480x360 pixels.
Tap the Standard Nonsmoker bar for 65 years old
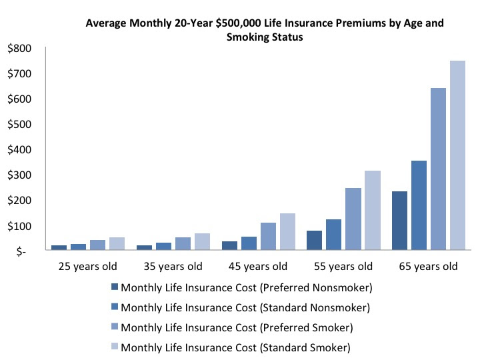tap(419, 205)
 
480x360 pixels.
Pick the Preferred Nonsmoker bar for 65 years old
tap(399, 221)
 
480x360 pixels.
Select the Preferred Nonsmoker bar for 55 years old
tap(315, 241)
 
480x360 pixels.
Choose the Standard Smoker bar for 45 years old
tap(287, 232)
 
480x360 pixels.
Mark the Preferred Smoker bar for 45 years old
tap(268, 237)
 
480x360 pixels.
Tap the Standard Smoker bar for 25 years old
tap(117, 244)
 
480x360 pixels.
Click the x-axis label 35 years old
tap(173, 267)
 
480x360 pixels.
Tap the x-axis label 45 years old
tap(258, 267)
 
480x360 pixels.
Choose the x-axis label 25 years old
tap(88, 267)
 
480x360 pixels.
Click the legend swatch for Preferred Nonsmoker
tap(115, 288)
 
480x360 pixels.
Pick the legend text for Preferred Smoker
tap(236, 327)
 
